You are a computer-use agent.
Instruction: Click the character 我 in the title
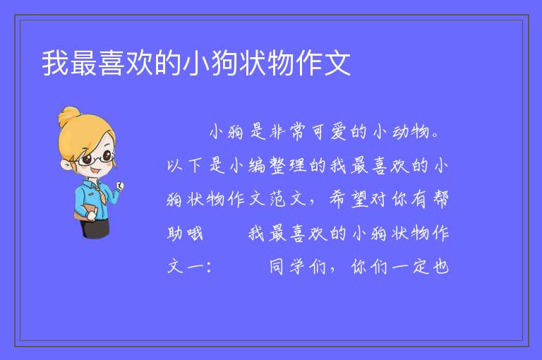click(x=56, y=63)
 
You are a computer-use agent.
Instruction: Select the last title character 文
click(x=338, y=63)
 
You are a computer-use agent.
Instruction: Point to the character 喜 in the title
click(x=112, y=63)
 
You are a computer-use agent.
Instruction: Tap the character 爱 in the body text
click(x=339, y=132)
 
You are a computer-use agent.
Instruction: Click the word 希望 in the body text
click(x=348, y=199)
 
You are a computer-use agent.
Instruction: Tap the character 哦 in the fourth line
click(x=195, y=233)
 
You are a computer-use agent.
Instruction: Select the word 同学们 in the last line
click(x=298, y=267)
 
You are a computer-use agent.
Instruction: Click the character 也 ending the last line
click(x=441, y=267)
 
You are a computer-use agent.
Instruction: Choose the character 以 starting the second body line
click(x=174, y=165)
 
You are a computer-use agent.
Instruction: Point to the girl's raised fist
click(x=120, y=186)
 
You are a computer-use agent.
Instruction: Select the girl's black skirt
click(x=95, y=229)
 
